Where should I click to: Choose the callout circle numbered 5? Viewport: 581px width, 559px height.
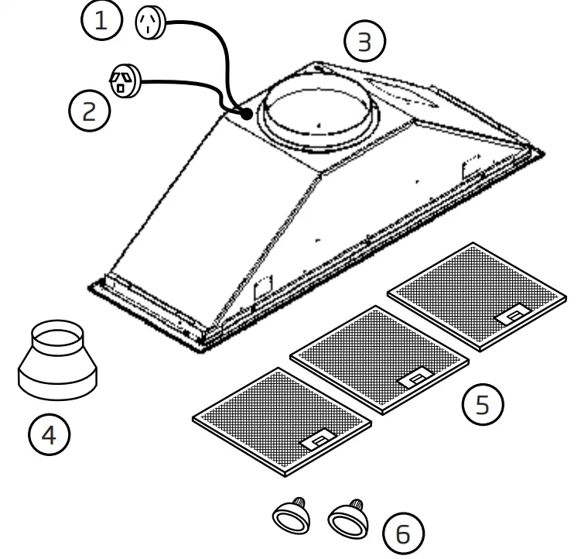483,405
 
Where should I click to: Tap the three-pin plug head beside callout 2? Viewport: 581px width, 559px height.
123,81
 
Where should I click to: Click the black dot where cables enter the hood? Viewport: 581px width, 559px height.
246,114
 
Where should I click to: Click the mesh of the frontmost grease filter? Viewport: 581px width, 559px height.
271,414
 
